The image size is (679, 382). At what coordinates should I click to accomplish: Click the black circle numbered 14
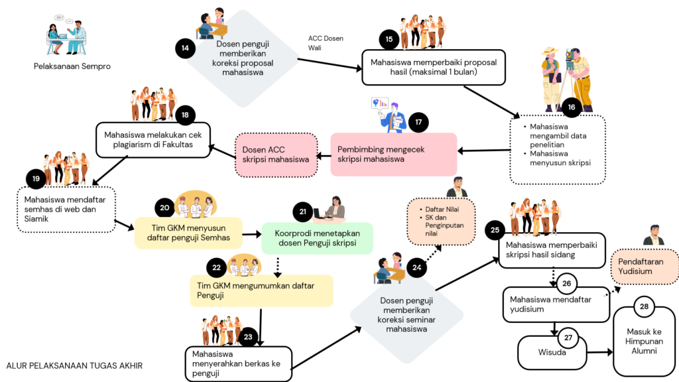tap(185, 48)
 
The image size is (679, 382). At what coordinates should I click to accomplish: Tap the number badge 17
tap(418, 122)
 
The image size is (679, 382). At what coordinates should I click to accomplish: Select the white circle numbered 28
tap(644, 306)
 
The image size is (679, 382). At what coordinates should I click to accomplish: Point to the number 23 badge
tap(248, 337)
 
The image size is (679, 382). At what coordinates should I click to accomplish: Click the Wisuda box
tap(552, 353)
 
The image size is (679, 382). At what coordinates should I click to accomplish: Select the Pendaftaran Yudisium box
tap(645, 267)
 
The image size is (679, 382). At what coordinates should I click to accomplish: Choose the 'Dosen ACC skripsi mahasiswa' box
tap(276, 155)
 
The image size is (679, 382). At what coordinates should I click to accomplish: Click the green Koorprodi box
tap(317, 238)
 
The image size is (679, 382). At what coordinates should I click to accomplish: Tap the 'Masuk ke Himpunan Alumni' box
tap(644, 342)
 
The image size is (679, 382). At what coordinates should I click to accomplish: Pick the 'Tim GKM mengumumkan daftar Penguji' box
tap(261, 290)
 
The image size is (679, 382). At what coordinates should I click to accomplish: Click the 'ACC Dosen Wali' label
tap(326, 43)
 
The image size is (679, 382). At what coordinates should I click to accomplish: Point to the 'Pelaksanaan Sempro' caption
tap(72, 66)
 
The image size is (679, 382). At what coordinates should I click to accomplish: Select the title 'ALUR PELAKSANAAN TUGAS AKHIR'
tap(74, 365)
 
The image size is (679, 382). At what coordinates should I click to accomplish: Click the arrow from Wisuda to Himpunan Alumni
tap(600, 352)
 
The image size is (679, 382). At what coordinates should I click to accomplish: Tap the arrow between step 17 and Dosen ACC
tap(324, 156)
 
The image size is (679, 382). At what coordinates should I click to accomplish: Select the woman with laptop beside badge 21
tap(330, 208)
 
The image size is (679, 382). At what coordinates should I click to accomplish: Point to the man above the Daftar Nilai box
tap(458, 187)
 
